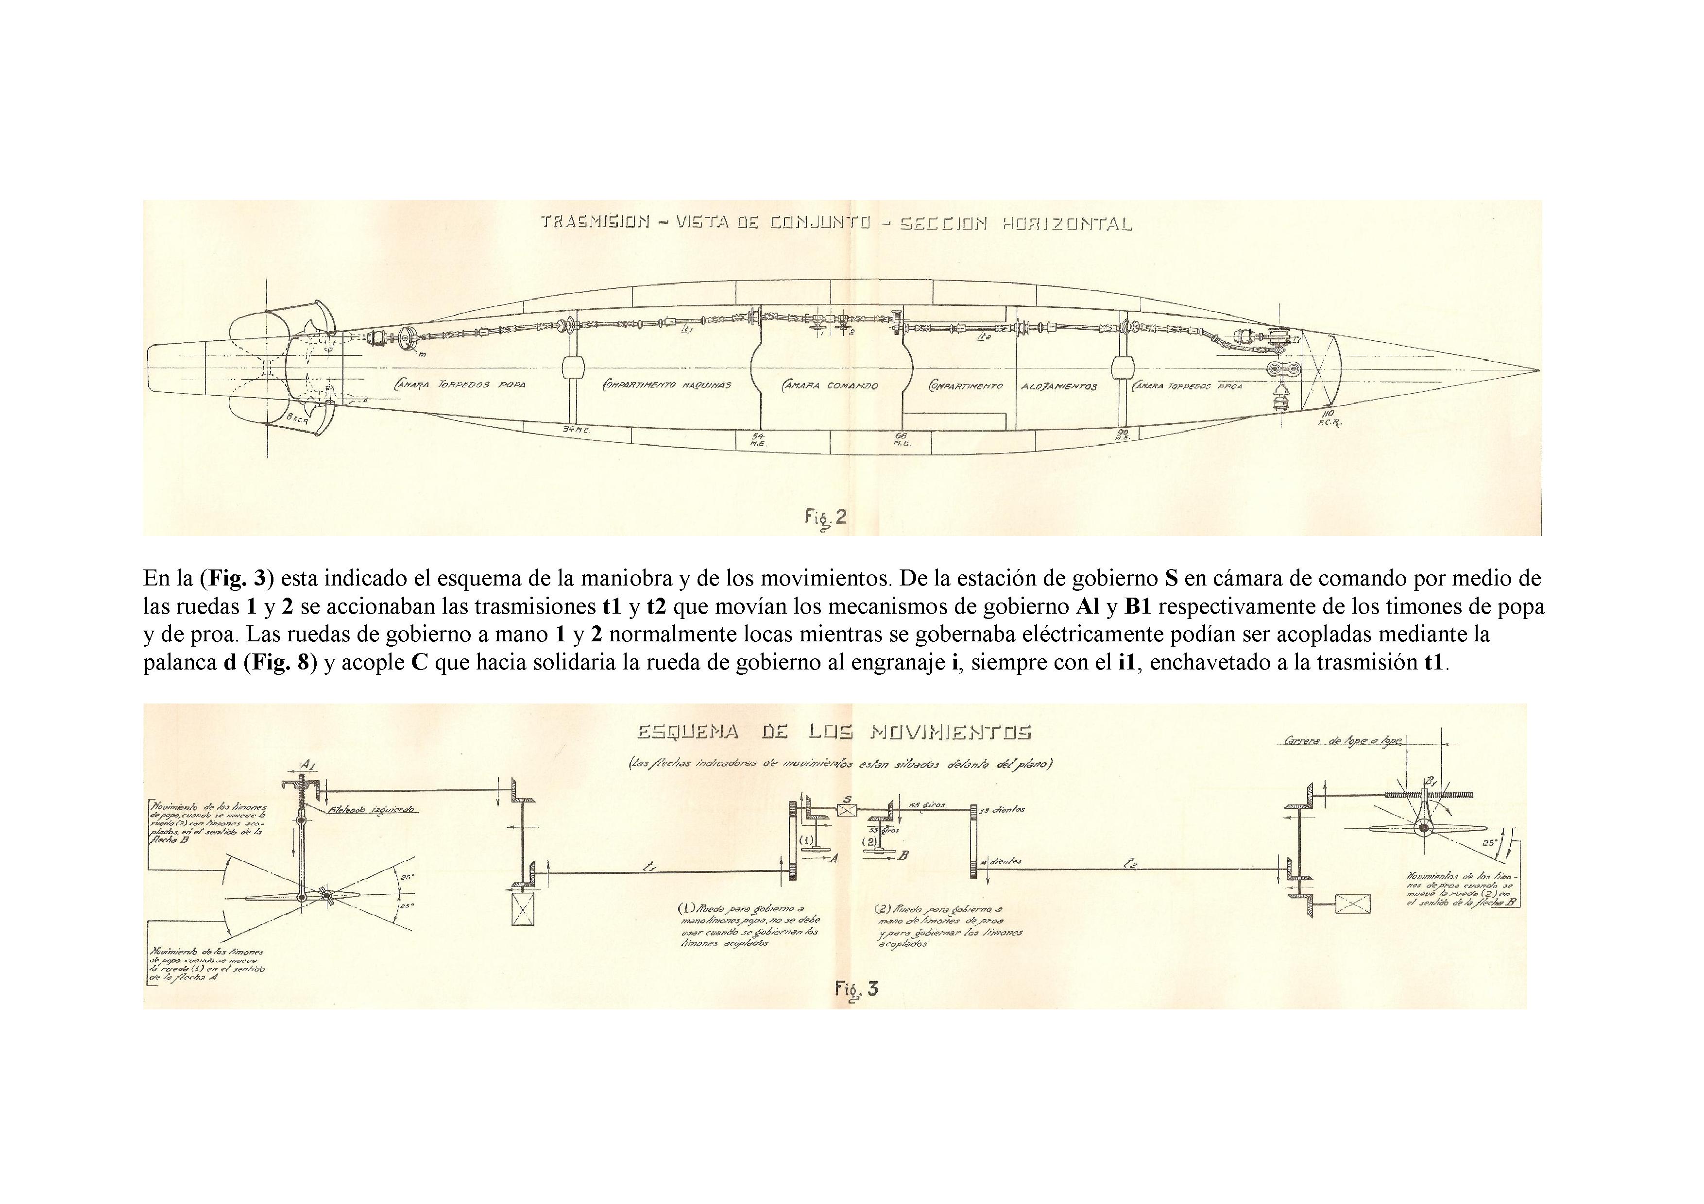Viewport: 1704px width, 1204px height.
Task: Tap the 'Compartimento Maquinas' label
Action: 666,385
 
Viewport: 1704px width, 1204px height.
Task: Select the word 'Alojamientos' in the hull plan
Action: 1059,386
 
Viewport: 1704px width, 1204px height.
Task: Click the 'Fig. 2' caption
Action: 825,517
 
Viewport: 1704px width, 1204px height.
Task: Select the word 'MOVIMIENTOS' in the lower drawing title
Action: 950,732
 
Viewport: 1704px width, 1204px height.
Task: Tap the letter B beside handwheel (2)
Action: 903,855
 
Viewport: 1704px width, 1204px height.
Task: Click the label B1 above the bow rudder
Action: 1429,780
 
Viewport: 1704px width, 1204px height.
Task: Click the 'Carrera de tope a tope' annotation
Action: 1343,741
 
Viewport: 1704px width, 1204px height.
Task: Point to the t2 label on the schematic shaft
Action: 1131,863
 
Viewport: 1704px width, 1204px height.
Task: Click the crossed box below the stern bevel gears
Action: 523,908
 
